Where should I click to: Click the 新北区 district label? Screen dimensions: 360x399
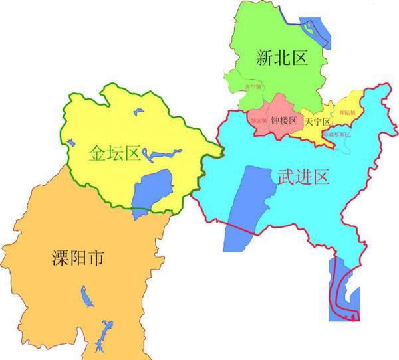click(282, 58)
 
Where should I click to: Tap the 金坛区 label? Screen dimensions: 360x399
click(114, 154)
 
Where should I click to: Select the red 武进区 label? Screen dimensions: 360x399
click(303, 177)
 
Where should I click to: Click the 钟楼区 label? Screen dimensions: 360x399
click(283, 122)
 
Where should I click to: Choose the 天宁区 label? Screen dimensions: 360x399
click(317, 123)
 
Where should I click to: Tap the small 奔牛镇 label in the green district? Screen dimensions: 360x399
click(253, 104)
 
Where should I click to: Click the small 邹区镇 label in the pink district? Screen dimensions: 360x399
click(258, 122)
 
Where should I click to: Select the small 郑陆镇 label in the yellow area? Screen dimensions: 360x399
click(346, 113)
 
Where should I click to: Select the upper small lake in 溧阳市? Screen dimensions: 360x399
click(84, 296)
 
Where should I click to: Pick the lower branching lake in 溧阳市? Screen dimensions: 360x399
click(103, 335)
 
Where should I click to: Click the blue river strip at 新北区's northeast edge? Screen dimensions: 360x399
click(313, 30)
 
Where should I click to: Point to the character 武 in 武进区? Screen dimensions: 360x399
click(285, 177)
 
